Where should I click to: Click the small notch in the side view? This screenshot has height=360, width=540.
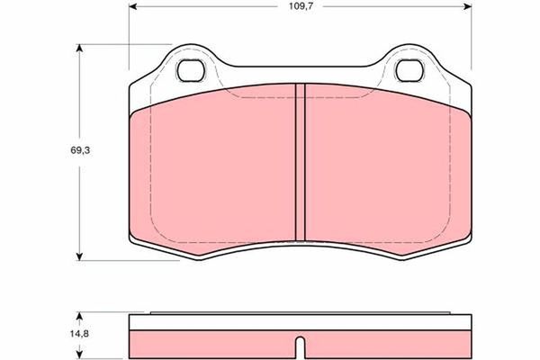(301, 346)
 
